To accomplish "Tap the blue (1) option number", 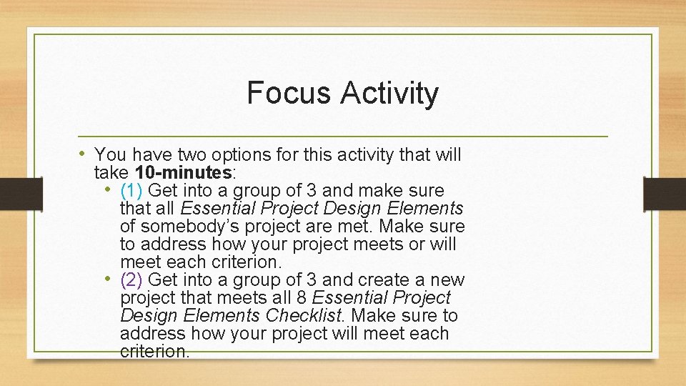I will click(132, 191).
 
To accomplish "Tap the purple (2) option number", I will click(132, 280).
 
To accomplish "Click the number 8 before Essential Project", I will click(306, 298).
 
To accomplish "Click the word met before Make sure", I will click(361, 227).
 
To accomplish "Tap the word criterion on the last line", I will click(154, 351).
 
